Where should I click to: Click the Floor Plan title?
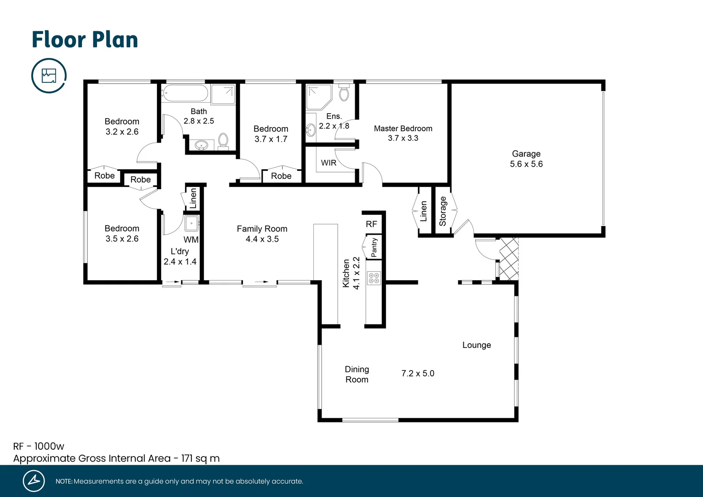[85, 40]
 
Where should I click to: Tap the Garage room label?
[526, 154]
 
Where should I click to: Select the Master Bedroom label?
[403, 128]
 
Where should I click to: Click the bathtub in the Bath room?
[185, 93]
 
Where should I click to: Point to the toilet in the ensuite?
[344, 94]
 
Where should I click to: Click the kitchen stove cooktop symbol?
[374, 277]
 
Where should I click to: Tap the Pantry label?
[374, 248]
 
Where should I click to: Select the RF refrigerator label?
[371, 224]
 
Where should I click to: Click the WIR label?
[328, 163]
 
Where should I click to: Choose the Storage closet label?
[443, 211]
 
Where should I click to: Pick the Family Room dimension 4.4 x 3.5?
[262, 239]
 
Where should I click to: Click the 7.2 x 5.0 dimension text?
[417, 373]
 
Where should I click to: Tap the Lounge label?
[476, 345]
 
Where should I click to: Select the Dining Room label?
[357, 374]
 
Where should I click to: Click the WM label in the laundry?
[191, 240]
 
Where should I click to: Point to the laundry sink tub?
[191, 224]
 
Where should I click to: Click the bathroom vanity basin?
[201, 145]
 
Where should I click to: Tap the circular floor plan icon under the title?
[49, 75]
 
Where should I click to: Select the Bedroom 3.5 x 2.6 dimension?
[122, 239]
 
